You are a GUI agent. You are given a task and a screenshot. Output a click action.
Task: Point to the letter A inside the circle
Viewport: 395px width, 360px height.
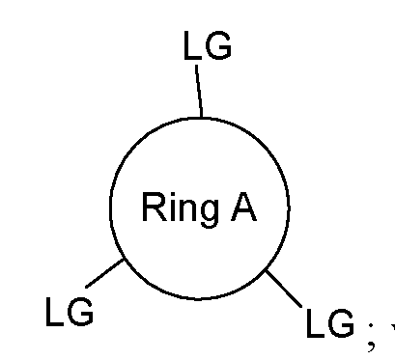point(243,208)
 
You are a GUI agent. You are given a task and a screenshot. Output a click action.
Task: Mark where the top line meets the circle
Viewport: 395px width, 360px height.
point(200,117)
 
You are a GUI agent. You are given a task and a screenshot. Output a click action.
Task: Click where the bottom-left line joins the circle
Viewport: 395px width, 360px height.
point(124,259)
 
